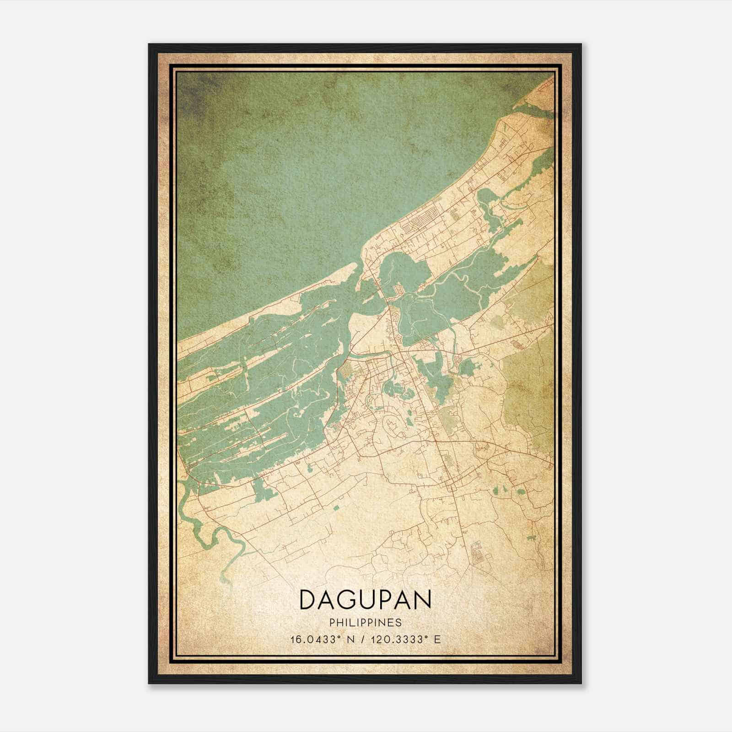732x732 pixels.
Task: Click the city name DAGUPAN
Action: [365, 600]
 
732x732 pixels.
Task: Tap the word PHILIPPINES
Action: [365, 623]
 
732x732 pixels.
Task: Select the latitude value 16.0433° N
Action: [323, 640]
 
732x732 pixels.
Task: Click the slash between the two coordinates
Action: [363, 640]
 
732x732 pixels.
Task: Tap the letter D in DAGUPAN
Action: [307, 600]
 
